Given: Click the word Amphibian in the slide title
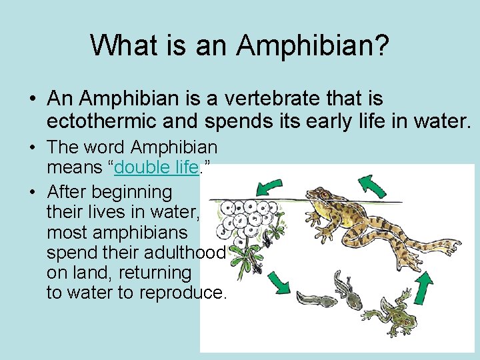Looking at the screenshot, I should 306,45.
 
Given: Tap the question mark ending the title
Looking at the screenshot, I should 382,45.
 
